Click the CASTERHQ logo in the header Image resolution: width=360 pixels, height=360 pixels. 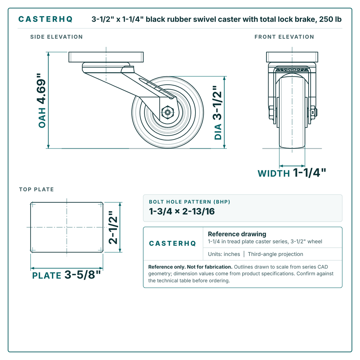pos(45,19)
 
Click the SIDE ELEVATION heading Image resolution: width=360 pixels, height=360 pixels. pos(57,37)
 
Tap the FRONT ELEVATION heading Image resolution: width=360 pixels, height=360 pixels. pos(284,37)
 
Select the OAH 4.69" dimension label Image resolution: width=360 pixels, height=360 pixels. pos(42,100)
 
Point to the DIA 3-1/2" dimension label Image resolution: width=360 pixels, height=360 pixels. pos(218,113)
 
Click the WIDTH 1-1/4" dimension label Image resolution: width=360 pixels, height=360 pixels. pos(292,173)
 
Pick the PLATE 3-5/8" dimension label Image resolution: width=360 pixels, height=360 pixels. pos(66,275)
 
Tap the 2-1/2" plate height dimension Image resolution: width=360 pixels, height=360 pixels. pos(113,227)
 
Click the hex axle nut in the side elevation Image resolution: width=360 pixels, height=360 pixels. pos(168,112)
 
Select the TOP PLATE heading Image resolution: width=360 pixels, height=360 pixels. pos(36,189)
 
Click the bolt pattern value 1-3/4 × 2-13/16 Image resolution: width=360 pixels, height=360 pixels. pos(182,211)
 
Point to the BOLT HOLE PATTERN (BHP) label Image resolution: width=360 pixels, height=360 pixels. pos(189,202)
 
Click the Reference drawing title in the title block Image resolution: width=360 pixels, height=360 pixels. pos(237,234)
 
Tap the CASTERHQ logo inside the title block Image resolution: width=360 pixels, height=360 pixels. pos(172,243)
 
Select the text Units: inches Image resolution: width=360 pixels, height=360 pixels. pos(224,254)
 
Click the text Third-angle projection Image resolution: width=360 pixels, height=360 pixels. pos(275,254)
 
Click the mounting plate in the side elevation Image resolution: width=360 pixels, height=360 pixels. pos(106,57)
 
